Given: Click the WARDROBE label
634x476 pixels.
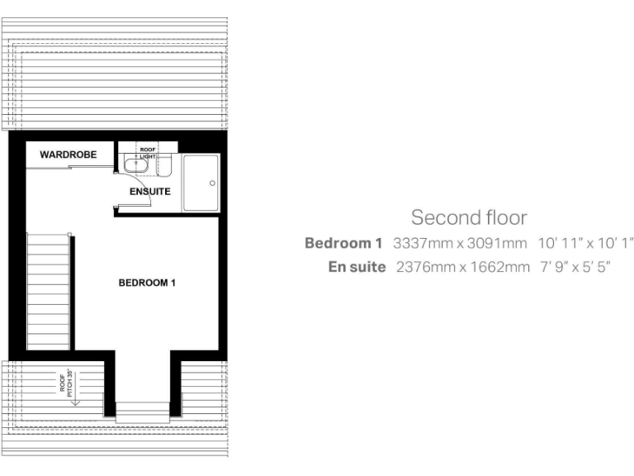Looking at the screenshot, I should (x=69, y=155).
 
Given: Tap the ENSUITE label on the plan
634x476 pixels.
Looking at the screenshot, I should (x=150, y=192).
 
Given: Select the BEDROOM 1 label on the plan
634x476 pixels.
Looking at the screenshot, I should (x=148, y=283).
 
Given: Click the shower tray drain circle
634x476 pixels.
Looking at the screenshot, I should (x=212, y=183).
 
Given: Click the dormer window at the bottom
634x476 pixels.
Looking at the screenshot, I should (x=142, y=412).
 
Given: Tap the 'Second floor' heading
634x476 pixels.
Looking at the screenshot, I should (x=469, y=218).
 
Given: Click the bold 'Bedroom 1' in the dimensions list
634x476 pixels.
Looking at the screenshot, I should (x=343, y=244).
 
